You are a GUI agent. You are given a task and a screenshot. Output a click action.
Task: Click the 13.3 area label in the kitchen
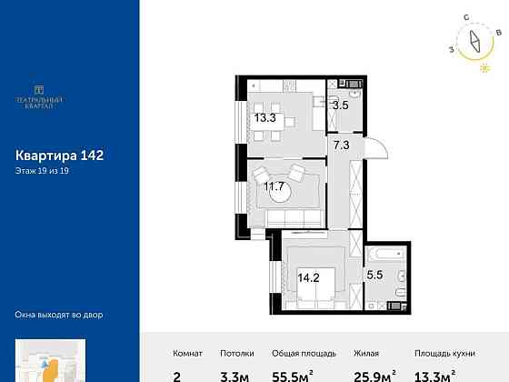264,117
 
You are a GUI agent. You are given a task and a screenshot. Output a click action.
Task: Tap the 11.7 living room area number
274,187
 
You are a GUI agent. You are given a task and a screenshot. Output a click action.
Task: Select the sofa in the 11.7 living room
292,216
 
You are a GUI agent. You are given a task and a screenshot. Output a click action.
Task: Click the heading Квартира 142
60,156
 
